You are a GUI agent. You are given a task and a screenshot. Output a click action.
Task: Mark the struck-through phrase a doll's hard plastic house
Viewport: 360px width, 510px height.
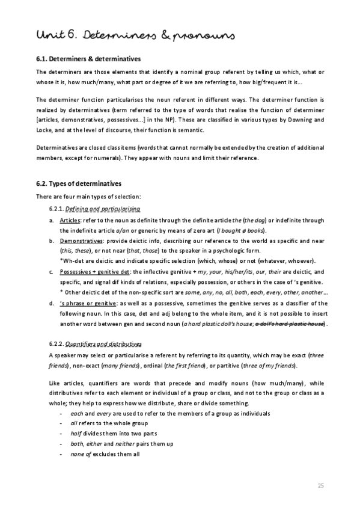[290, 324]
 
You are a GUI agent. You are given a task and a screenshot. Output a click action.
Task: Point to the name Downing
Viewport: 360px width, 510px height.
[302, 120]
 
